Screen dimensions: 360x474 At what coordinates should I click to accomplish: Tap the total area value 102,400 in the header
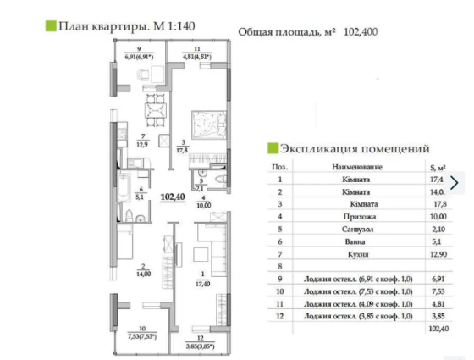[361, 31]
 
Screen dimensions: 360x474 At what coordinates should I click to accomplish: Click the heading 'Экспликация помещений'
[353, 147]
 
